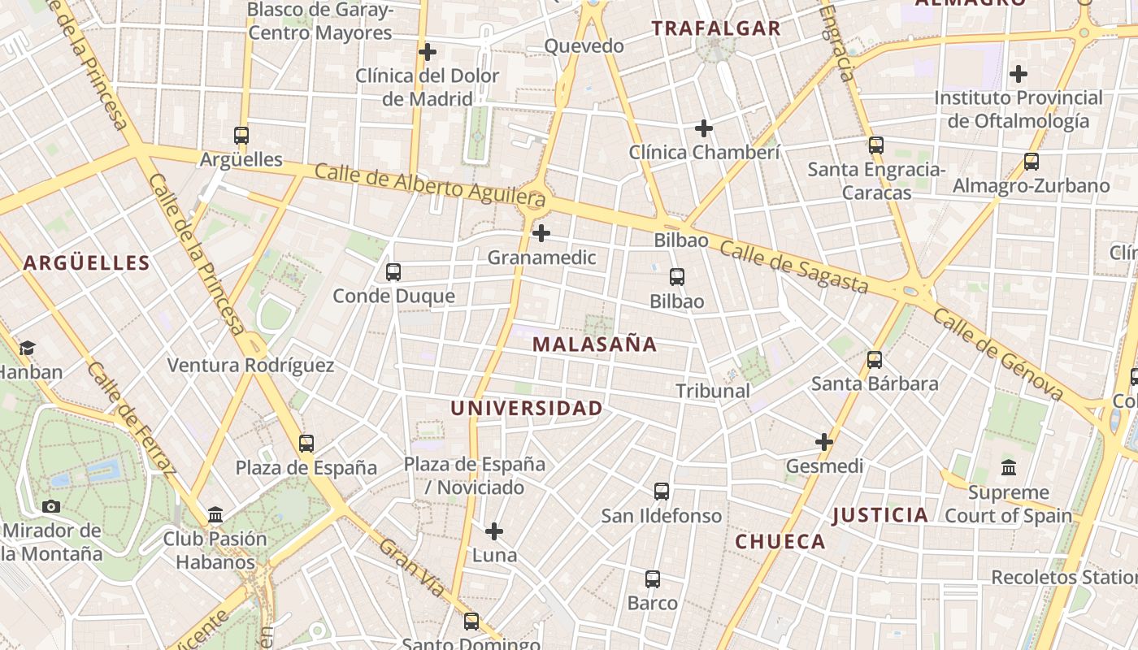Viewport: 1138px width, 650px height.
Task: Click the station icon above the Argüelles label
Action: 241,136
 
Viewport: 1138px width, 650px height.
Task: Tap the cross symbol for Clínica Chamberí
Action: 704,128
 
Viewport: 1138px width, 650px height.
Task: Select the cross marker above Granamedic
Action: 541,234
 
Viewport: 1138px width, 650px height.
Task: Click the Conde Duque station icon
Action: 393,272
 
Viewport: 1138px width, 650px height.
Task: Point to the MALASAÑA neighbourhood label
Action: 594,344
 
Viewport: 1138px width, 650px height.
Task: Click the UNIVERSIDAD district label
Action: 527,408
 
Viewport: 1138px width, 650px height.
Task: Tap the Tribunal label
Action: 713,391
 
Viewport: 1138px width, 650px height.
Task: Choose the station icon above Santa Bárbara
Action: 875,359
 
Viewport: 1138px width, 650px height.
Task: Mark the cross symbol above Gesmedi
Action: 824,442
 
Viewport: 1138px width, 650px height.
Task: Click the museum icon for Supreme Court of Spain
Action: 1009,467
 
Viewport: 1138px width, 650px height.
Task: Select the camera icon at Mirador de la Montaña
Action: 51,507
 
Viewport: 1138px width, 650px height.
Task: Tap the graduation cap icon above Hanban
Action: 27,349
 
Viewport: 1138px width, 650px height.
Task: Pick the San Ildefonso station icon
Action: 662,492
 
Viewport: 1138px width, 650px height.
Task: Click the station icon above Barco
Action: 653,579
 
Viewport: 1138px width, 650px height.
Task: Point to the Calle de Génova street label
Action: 997,354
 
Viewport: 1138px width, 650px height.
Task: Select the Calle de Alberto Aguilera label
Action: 429,184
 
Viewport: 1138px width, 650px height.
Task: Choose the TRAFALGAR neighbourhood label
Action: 716,28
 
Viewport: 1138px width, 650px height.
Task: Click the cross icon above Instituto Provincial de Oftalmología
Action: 1019,75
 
